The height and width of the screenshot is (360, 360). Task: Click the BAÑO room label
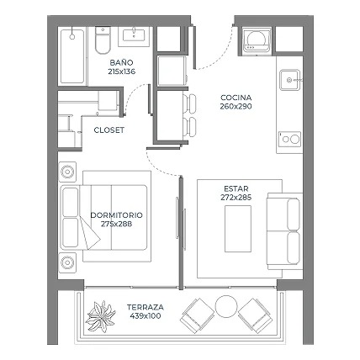(121, 62)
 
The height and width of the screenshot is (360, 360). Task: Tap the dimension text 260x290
(236, 107)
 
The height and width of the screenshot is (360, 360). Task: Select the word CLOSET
(109, 130)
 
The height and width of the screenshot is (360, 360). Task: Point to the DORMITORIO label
(116, 215)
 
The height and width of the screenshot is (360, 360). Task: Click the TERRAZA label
(146, 307)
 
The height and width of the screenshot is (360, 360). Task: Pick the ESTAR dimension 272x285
(236, 198)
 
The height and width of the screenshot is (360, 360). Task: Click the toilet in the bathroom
(102, 40)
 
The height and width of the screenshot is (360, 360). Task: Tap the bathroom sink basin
(134, 35)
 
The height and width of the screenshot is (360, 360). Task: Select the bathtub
(72, 56)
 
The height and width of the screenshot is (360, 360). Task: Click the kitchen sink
(289, 80)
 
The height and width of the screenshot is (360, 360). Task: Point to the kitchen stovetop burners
(290, 139)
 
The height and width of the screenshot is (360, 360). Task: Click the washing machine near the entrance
(257, 40)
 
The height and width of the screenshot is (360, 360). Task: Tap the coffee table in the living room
(238, 229)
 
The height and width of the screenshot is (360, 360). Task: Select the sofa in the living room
(285, 231)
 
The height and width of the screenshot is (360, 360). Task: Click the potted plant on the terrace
(100, 316)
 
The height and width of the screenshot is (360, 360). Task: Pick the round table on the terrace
(226, 306)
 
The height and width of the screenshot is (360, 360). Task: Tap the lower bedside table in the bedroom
(67, 262)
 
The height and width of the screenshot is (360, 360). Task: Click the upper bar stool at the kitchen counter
(189, 103)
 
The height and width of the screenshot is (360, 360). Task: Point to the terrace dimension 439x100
(146, 316)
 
